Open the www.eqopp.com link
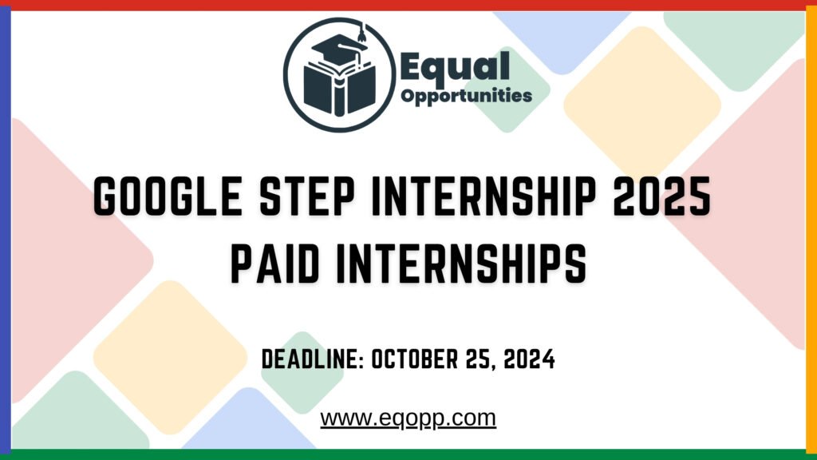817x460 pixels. (408, 418)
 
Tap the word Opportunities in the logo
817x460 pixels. (467, 96)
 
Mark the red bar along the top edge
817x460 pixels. (408, 5)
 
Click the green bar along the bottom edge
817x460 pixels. (408, 454)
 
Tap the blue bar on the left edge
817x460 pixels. (5, 230)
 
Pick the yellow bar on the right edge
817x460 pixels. (811, 230)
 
